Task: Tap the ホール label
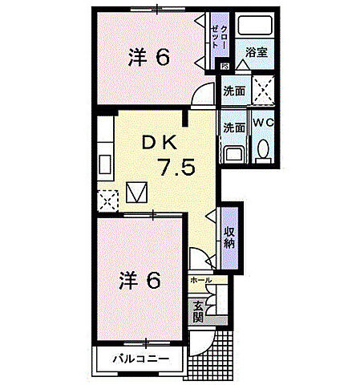pyautogui.click(x=202, y=280)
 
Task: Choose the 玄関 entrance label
pyautogui.click(x=198, y=310)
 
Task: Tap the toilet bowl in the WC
pyautogui.click(x=263, y=152)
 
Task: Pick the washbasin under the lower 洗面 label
pyautogui.click(x=234, y=153)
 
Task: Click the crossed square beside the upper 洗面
pyautogui.click(x=264, y=88)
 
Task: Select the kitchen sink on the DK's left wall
pyautogui.click(x=105, y=164)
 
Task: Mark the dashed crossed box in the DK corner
pyautogui.click(x=105, y=197)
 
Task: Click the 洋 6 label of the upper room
pyautogui.click(x=149, y=58)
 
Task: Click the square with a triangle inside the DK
pyautogui.click(x=137, y=193)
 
